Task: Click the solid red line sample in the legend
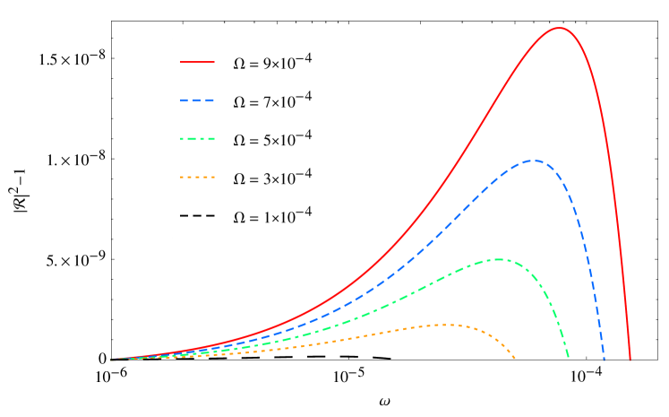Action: click(x=197, y=62)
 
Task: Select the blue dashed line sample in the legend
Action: click(x=197, y=100)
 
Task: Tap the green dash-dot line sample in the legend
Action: click(x=197, y=139)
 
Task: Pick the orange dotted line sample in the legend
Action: click(x=197, y=178)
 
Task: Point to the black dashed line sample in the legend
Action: click(x=197, y=216)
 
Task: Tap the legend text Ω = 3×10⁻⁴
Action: click(x=272, y=178)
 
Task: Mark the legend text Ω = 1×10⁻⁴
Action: click(x=272, y=216)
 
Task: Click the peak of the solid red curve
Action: click(x=560, y=28)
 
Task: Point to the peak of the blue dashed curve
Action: click(x=534, y=161)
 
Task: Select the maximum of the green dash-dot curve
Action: click(x=498, y=259)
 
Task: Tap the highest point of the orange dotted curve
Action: click(x=444, y=325)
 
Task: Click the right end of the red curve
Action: click(x=630, y=361)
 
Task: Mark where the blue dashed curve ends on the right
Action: click(x=604, y=361)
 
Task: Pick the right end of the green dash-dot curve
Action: click(x=569, y=360)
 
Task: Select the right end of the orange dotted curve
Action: click(x=515, y=360)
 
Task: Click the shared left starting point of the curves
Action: click(x=111, y=360)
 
